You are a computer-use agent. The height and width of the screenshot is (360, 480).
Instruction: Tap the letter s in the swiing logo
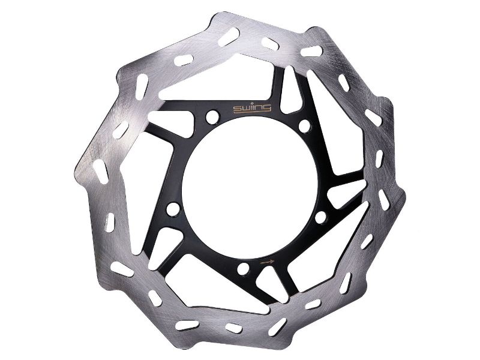click(237, 109)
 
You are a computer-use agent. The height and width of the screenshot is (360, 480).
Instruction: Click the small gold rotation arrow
click(267, 262)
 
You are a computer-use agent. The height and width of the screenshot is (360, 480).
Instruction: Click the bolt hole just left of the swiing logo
click(212, 116)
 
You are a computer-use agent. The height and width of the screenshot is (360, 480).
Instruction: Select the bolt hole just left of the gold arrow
click(244, 269)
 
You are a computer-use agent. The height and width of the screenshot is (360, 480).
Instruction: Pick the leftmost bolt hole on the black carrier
click(173, 209)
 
